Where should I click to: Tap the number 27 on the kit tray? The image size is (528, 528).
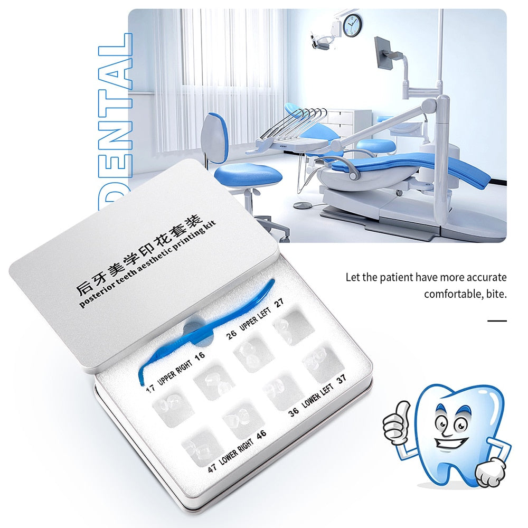[279, 302]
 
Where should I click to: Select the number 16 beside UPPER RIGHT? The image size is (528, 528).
[199, 356]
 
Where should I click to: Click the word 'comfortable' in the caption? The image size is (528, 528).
[451, 293]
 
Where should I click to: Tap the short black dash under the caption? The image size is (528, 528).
[496, 320]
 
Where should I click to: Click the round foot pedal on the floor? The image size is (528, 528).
[303, 205]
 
